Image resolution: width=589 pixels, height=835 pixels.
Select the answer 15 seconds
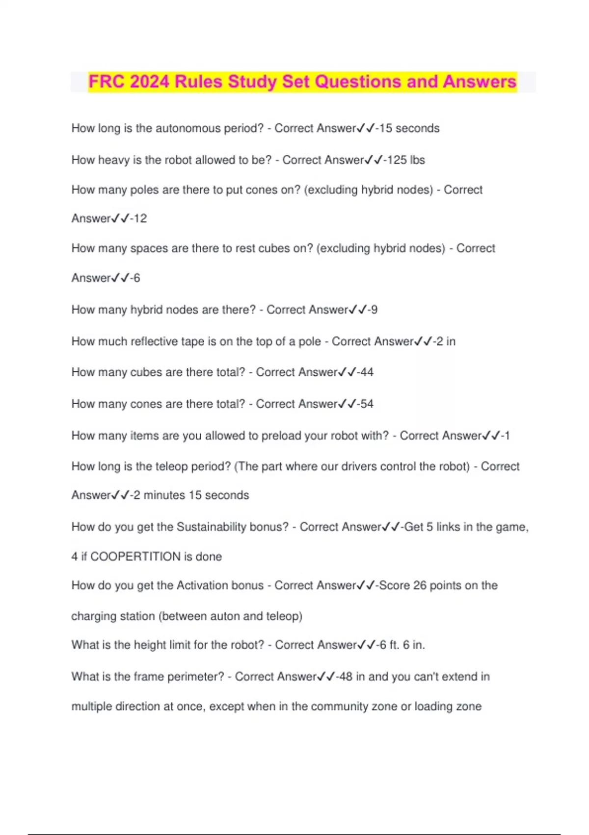coord(409,129)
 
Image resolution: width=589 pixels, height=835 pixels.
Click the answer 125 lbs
coord(406,160)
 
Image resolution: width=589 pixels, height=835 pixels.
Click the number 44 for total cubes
coord(367,372)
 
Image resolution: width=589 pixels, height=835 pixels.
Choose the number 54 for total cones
coord(367,404)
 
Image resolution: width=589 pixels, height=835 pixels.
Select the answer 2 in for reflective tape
coord(446,341)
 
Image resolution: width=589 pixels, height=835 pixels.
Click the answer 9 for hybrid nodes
coord(374,310)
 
